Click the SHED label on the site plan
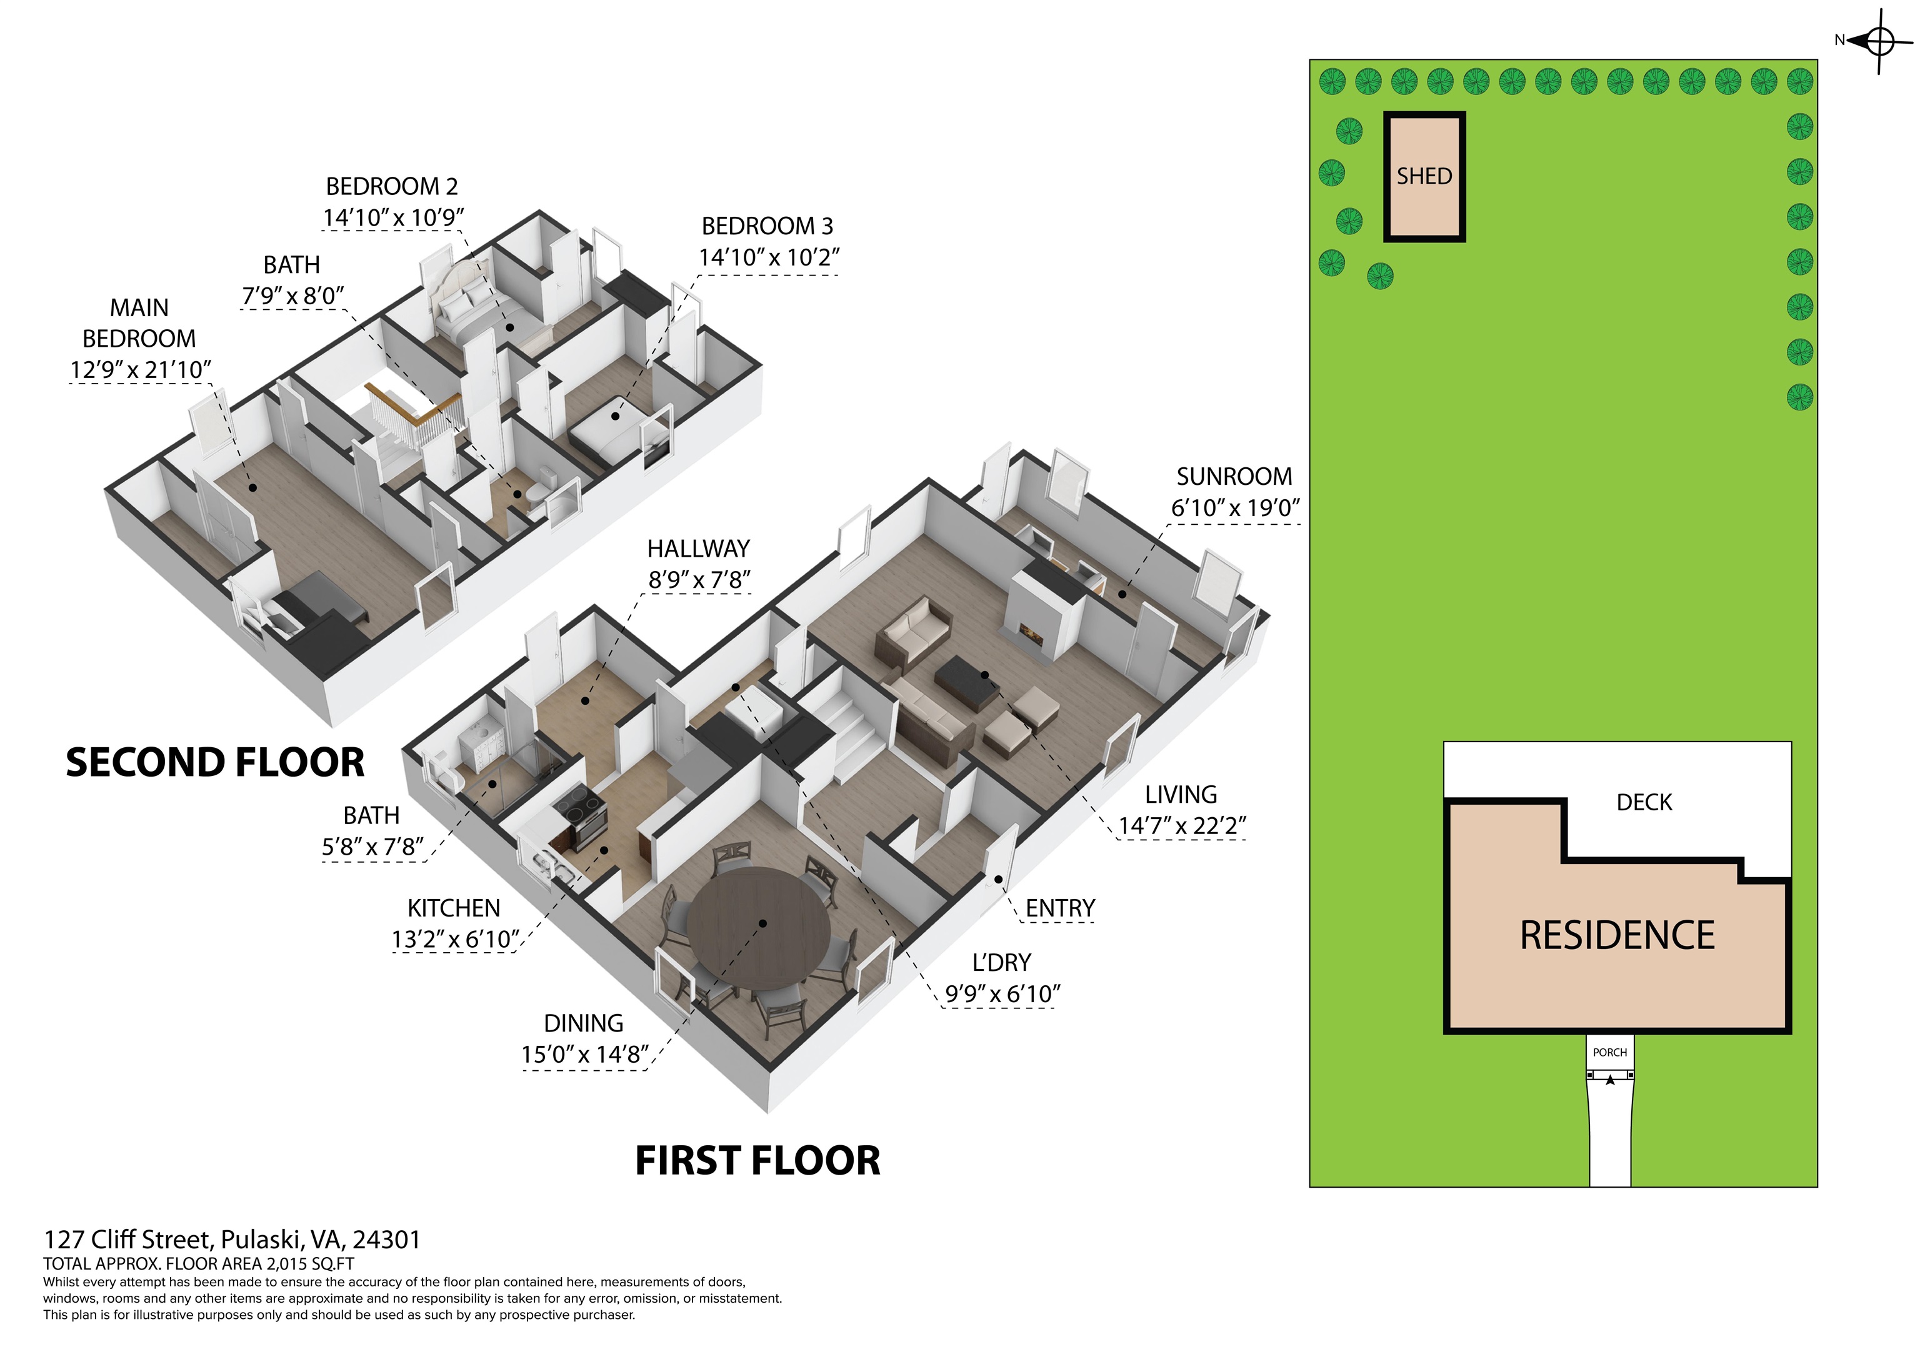(1424, 176)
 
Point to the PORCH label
(1610, 1053)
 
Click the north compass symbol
(1878, 39)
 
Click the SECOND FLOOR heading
(215, 762)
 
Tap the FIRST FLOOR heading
(757, 1161)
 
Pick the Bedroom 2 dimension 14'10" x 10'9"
(393, 217)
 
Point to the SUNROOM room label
(1234, 477)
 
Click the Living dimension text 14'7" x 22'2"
(1182, 826)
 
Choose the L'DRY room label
(1001, 962)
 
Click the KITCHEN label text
(454, 908)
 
